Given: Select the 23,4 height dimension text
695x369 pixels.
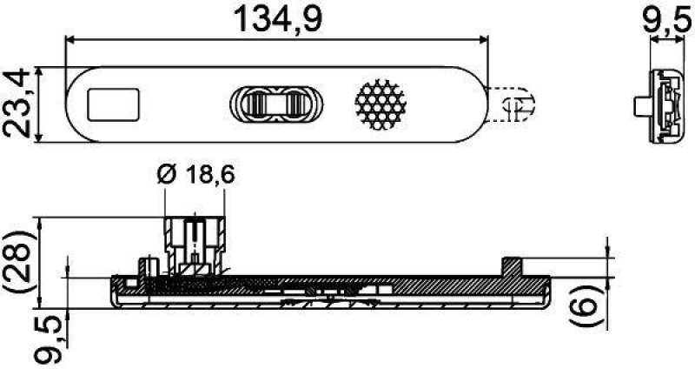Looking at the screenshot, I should point(18,104).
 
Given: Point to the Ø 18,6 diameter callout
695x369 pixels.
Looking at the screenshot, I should point(196,176).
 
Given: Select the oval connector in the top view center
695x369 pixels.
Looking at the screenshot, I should point(277,104).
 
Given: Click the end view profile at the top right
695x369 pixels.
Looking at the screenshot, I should point(665,106).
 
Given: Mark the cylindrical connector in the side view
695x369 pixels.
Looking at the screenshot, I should point(195,240).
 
